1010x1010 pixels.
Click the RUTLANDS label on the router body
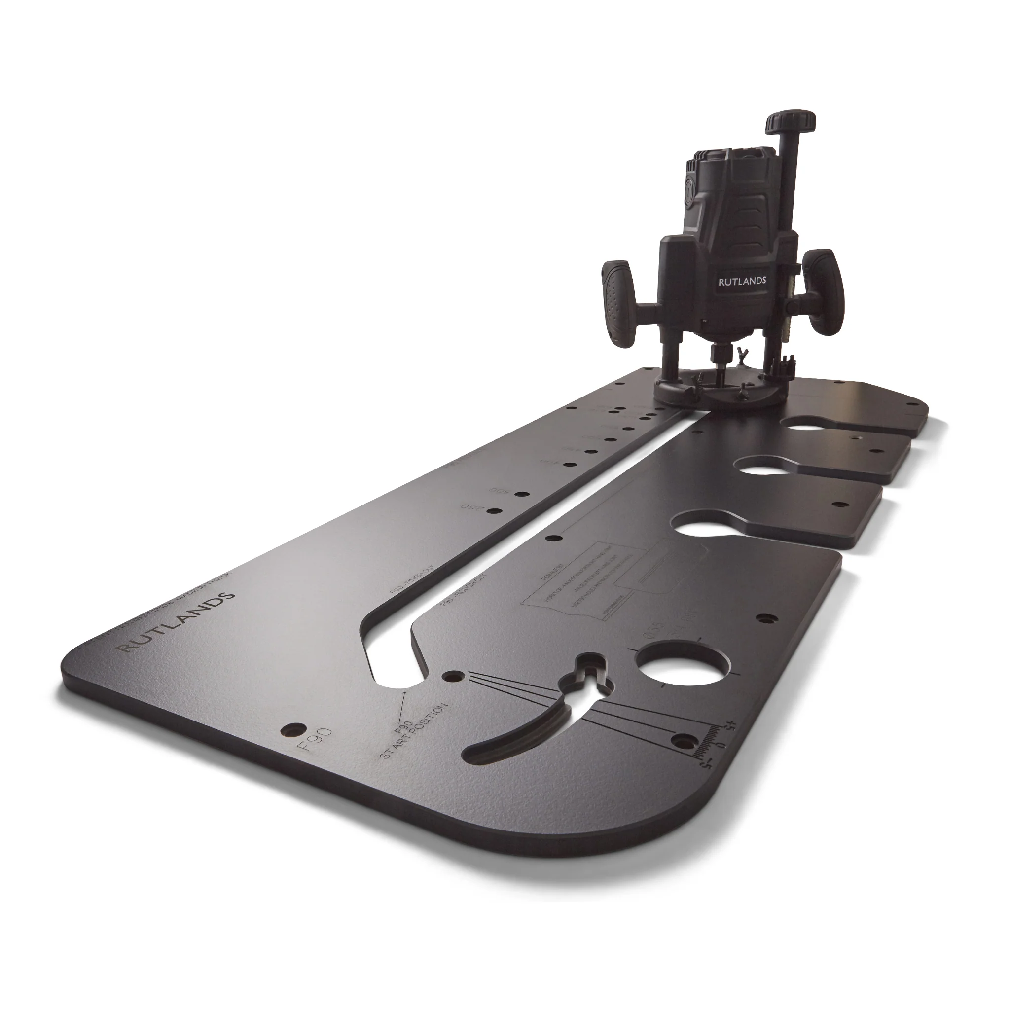click(x=742, y=281)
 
